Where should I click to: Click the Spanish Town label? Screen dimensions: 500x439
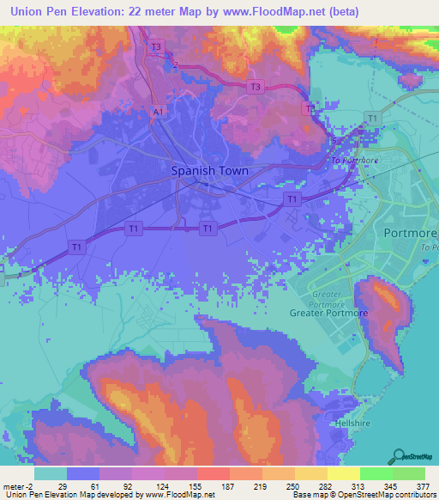210,170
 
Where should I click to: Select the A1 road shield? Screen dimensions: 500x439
158,111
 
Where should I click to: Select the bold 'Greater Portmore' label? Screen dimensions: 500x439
328,313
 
